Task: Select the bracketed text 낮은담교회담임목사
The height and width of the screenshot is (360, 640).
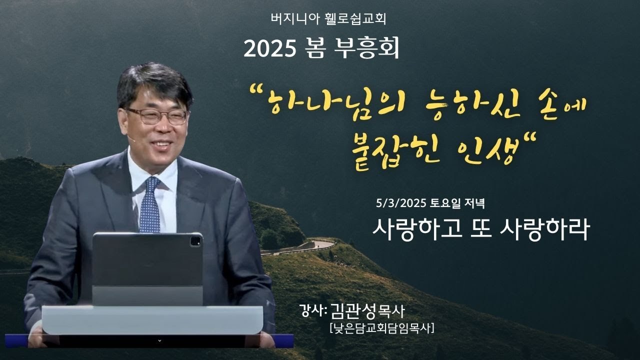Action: [x=381, y=328]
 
